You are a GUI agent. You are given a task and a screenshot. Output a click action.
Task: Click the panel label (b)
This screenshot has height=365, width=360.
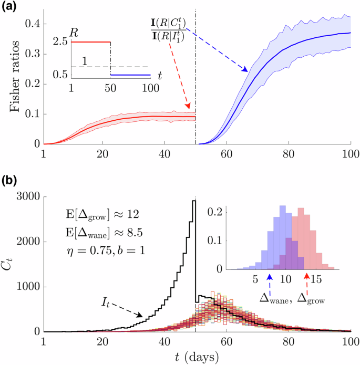[x=12, y=182]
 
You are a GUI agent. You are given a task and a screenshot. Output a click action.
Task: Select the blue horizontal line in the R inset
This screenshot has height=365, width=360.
[x=129, y=75]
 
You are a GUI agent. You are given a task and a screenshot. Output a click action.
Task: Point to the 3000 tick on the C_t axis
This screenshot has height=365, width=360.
[x=26, y=196]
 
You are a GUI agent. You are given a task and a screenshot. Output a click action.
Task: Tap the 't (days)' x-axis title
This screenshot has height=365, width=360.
[x=197, y=356]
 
